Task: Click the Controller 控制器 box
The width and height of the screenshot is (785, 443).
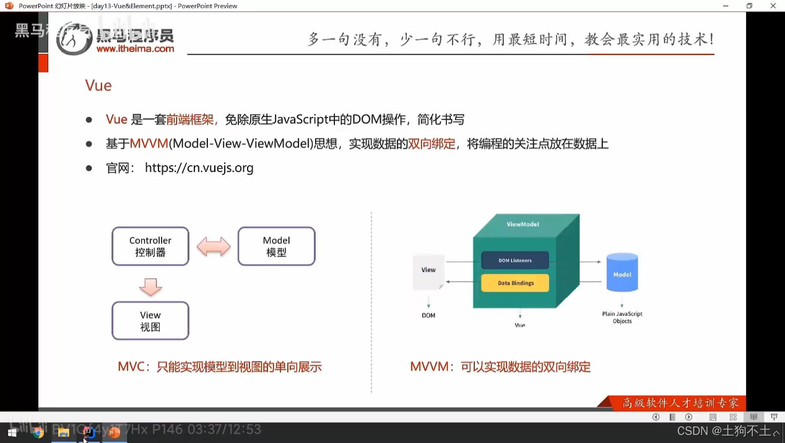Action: (150, 246)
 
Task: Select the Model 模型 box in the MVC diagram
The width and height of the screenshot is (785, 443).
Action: (276, 246)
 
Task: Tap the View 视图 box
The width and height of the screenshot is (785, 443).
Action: (150, 320)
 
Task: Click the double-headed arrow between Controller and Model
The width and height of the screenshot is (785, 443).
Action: (214, 247)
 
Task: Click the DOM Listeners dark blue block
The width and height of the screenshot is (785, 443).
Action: (515, 260)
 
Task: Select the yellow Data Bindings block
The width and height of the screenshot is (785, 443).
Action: (515, 283)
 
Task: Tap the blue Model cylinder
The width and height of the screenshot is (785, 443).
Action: (622, 273)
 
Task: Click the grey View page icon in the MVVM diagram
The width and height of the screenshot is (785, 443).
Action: (428, 273)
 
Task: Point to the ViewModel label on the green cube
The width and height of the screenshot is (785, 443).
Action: (523, 224)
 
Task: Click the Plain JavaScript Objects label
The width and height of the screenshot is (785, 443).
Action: (622, 317)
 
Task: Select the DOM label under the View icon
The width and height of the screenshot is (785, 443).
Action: (428, 316)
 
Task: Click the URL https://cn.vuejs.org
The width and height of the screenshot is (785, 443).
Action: (199, 168)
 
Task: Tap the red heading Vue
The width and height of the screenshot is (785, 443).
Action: (98, 85)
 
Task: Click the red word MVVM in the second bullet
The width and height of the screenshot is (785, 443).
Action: (149, 144)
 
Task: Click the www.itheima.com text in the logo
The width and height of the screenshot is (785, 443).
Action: (135, 48)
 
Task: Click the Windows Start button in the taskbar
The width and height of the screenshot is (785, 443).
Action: (12, 432)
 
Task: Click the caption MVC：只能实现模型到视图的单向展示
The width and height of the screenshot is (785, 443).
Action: (219, 367)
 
